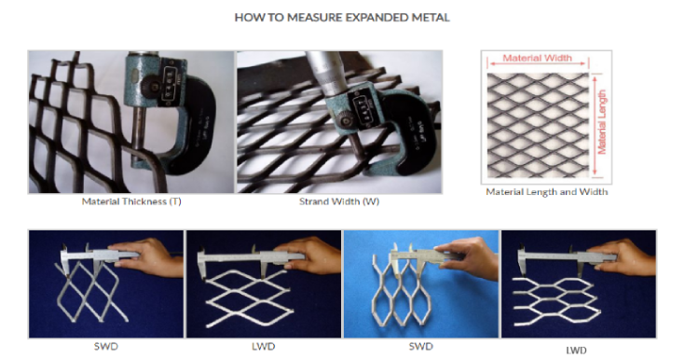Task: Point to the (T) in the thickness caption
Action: (175, 201)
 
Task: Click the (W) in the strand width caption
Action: (363, 201)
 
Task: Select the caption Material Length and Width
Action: (547, 192)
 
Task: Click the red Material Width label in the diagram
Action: (537, 58)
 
